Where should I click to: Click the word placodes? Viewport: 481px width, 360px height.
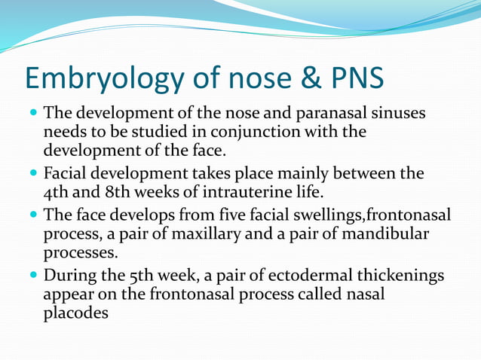76,313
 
